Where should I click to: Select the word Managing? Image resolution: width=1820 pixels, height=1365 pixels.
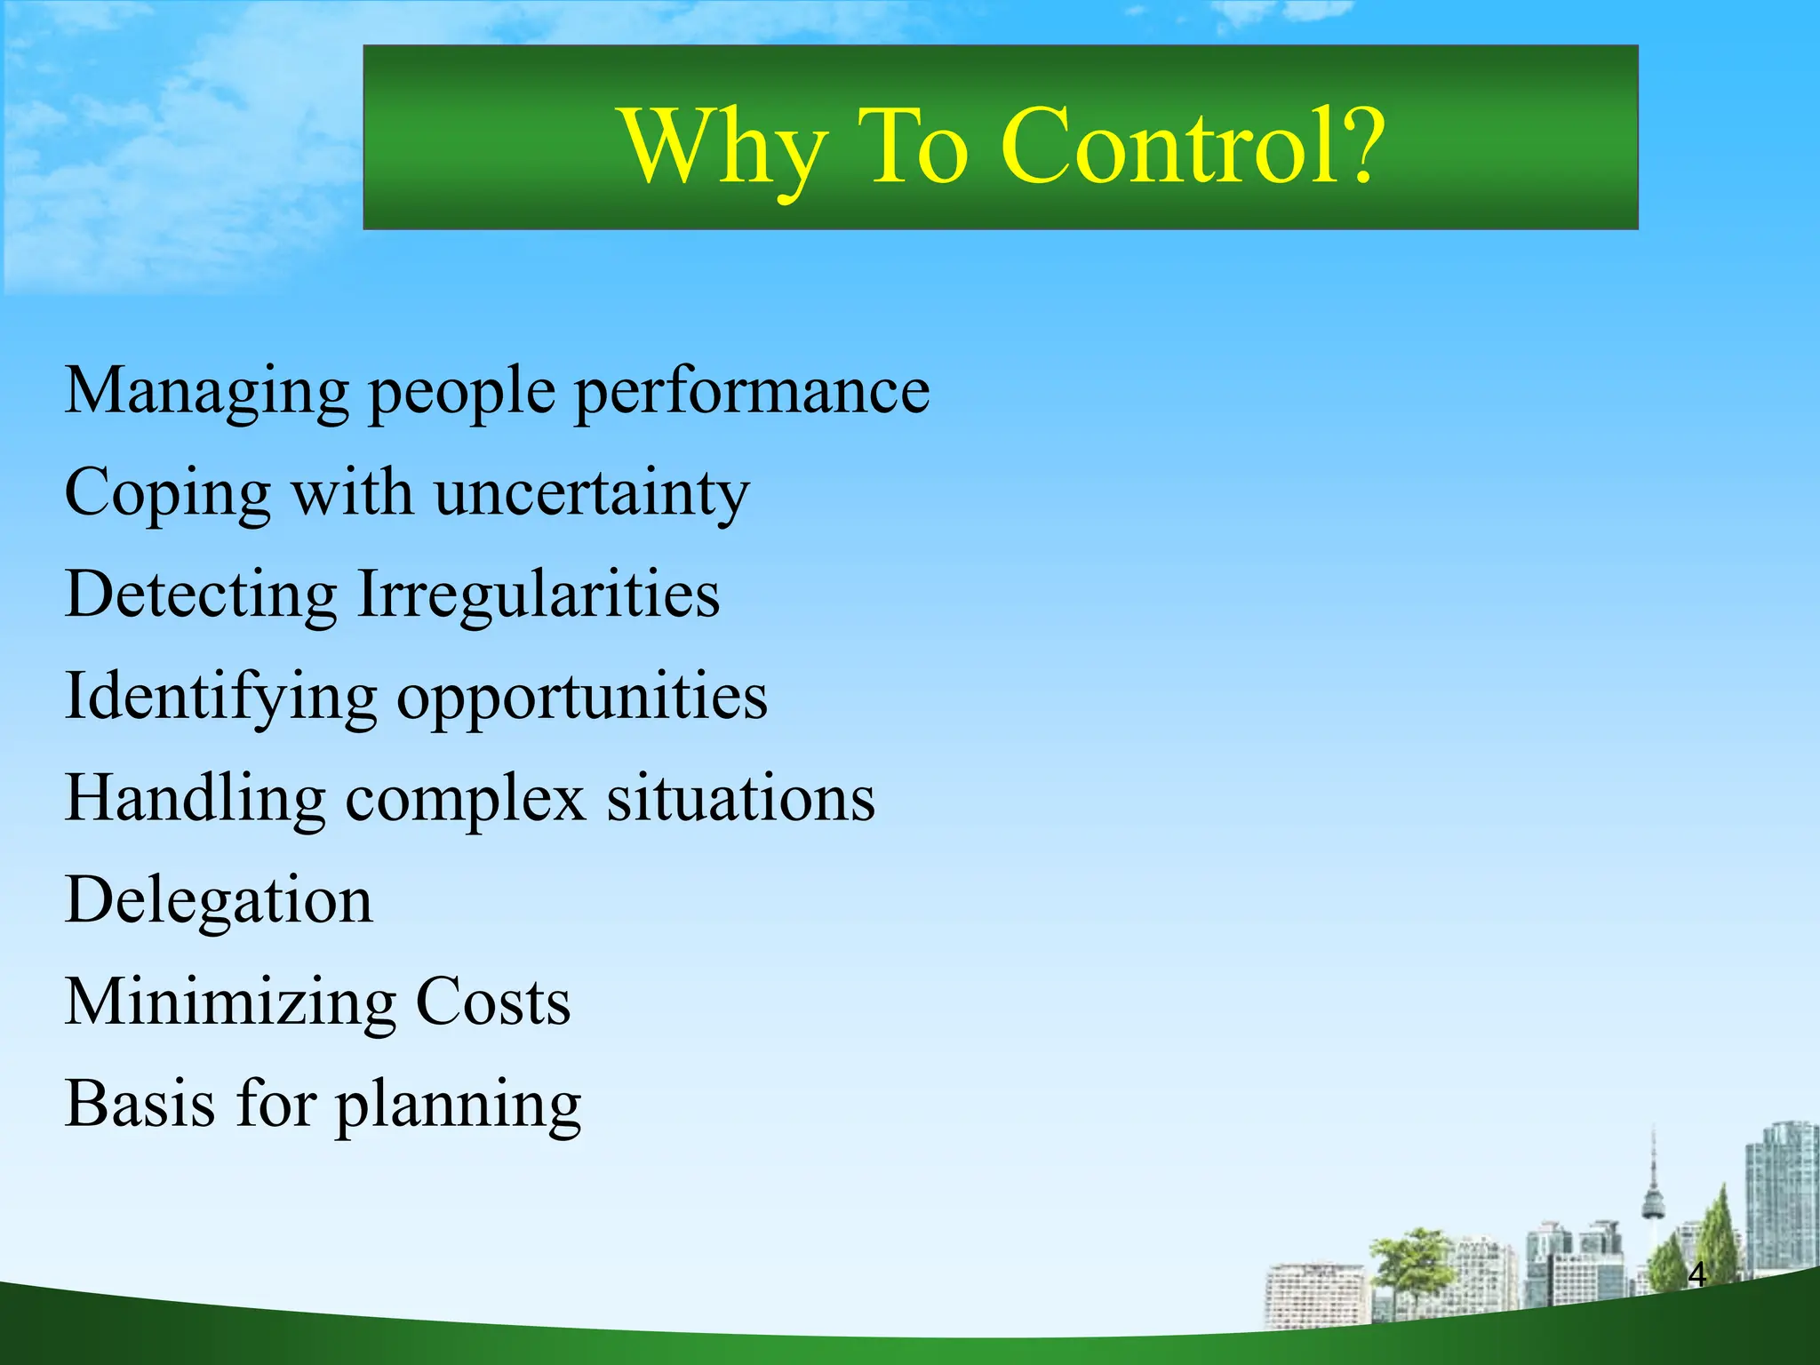[x=206, y=393]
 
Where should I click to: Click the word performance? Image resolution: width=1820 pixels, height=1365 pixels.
[x=752, y=393]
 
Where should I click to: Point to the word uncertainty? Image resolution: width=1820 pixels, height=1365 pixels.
[x=591, y=494]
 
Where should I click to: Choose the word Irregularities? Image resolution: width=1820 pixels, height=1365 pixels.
[x=538, y=595]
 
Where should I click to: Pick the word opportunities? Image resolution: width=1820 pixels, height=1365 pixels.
[x=581, y=698]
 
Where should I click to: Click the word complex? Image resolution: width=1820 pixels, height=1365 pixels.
[x=465, y=799]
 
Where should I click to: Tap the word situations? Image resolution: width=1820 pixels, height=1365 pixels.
[x=740, y=799]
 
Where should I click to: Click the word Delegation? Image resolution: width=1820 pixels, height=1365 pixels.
[x=219, y=902]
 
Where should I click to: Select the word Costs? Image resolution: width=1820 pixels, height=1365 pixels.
[x=493, y=1002]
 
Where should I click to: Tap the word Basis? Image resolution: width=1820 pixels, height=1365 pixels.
[x=140, y=1105]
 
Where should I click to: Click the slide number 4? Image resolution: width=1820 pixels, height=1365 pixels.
[x=1696, y=1274]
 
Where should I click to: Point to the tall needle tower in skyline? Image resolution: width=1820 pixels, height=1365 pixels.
[x=1653, y=1191]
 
